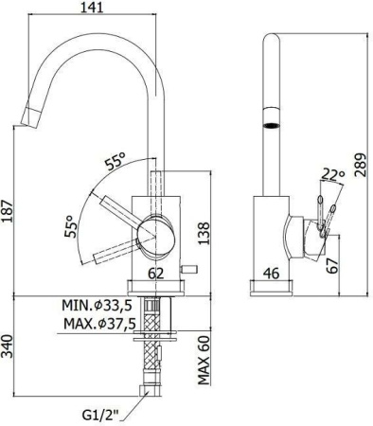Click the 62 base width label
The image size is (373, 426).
tap(156, 275)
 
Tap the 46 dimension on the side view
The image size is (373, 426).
tap(270, 275)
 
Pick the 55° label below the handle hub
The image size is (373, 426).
tap(68, 227)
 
